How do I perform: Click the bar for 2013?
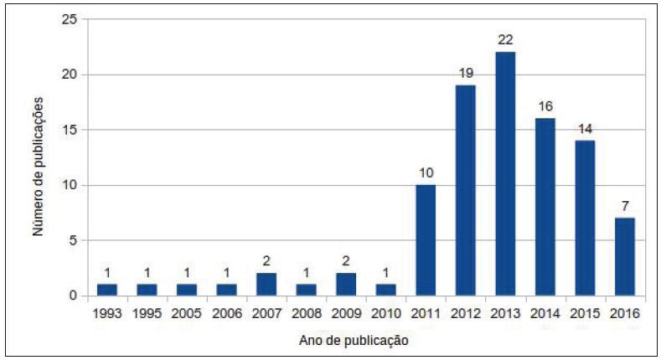click(x=505, y=174)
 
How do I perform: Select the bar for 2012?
click(x=466, y=191)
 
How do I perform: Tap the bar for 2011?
click(x=426, y=240)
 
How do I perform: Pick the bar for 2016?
click(x=625, y=257)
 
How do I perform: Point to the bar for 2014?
click(x=545, y=208)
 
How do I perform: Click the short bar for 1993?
click(x=106, y=290)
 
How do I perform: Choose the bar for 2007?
click(x=266, y=285)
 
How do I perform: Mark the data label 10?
click(x=426, y=174)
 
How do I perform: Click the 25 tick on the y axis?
click(x=70, y=19)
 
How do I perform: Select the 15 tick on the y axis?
click(x=70, y=130)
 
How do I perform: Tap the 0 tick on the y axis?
click(x=73, y=296)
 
